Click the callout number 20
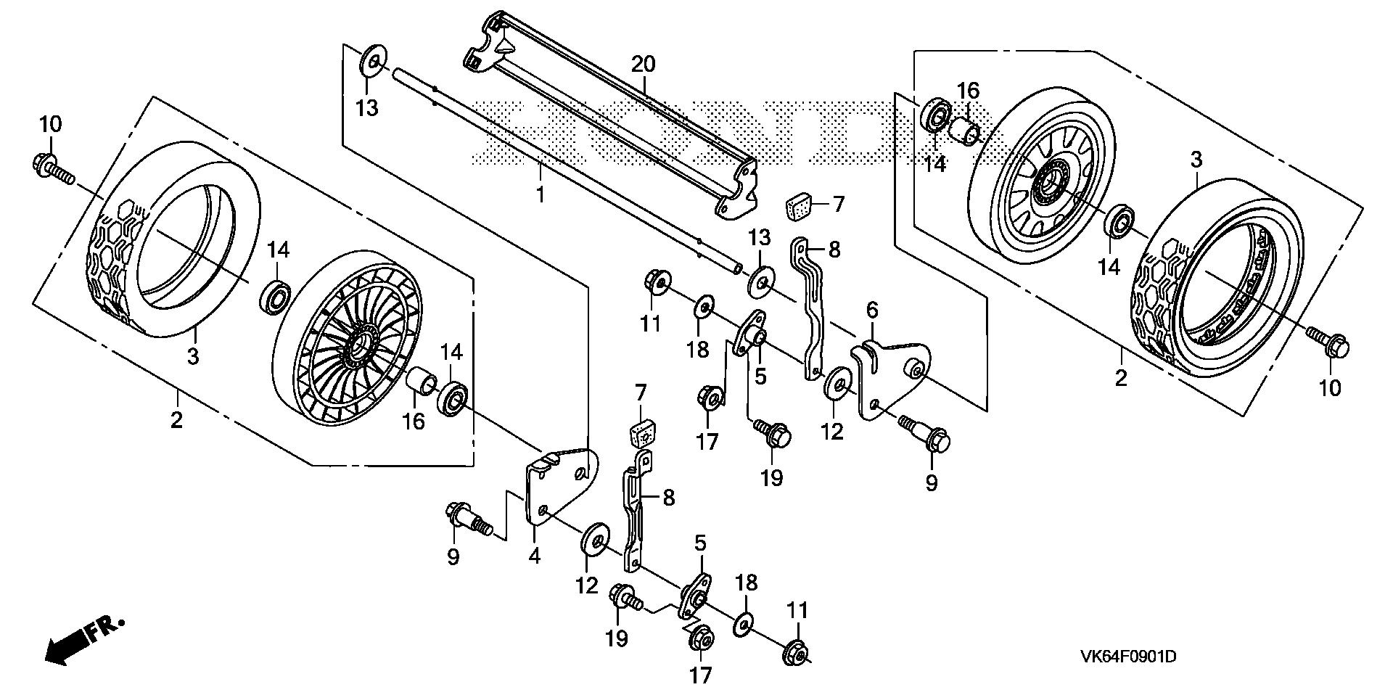point(642,65)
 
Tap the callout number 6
point(871,310)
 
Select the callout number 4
point(534,556)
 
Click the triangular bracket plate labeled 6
point(889,377)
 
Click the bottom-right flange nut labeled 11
point(795,654)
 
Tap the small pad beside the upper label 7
point(800,205)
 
